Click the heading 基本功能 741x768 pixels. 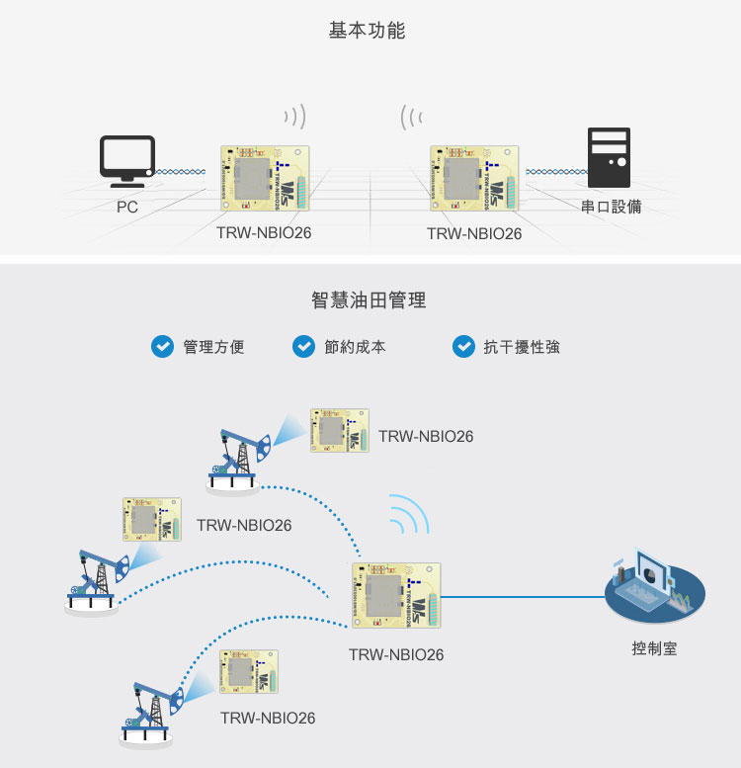point(367,31)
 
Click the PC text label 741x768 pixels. point(126,208)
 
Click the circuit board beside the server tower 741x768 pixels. point(473,178)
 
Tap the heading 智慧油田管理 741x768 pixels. point(369,299)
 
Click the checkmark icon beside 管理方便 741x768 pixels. point(161,347)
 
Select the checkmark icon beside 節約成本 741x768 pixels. point(304,347)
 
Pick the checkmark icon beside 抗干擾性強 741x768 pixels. point(463,347)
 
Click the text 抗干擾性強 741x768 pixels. point(522,347)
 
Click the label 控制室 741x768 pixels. point(654,649)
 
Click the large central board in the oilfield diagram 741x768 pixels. point(396,596)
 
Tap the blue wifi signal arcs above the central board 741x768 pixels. point(408,514)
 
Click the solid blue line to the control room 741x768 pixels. point(524,596)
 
